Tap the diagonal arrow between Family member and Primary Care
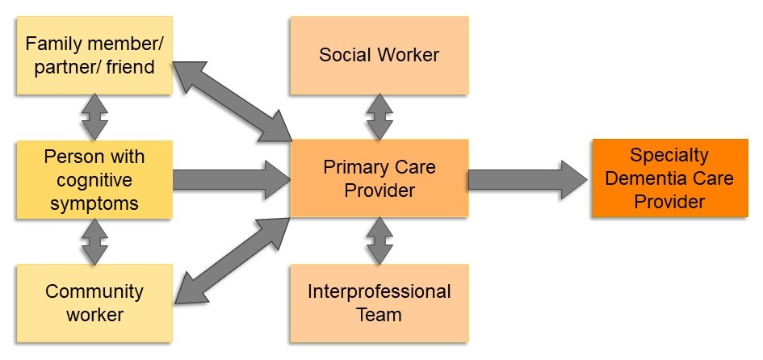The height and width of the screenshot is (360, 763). coord(233,101)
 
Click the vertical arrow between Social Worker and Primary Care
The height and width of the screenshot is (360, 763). coord(379,116)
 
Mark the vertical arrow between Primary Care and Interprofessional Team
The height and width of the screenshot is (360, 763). coord(379,241)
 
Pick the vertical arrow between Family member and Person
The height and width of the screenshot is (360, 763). coord(94,117)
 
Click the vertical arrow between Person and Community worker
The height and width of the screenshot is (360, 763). coord(94,241)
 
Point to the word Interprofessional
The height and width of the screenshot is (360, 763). coord(379,291)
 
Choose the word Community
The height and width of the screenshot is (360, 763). coord(94,291)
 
